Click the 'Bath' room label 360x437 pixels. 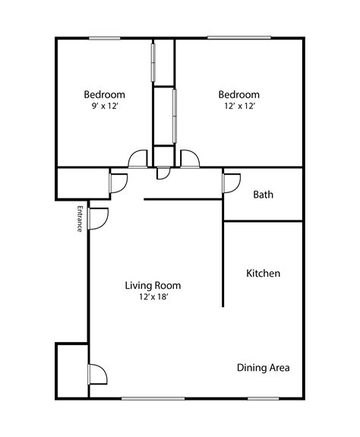pos(263,195)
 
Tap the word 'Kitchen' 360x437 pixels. pos(264,273)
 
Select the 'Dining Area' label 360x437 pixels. pos(263,368)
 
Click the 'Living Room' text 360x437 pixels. pos(153,286)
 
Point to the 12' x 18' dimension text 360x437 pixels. pos(153,297)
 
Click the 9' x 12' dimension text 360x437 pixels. pos(104,106)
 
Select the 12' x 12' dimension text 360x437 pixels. pos(239,106)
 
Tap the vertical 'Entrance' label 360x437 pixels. pos(79,219)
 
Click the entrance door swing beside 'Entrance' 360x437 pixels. pos(98,217)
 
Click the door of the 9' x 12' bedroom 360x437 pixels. pos(137,159)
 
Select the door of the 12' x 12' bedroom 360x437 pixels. pos(189,159)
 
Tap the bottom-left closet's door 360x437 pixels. pos(97,375)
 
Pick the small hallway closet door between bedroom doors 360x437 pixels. pos(163,174)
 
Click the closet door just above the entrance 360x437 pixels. pos(118,183)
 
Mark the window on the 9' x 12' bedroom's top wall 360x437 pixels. pos(104,38)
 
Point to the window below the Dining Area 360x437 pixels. pos(262,397)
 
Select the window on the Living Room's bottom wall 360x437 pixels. pos(153,397)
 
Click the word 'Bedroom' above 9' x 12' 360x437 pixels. pos(104,95)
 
